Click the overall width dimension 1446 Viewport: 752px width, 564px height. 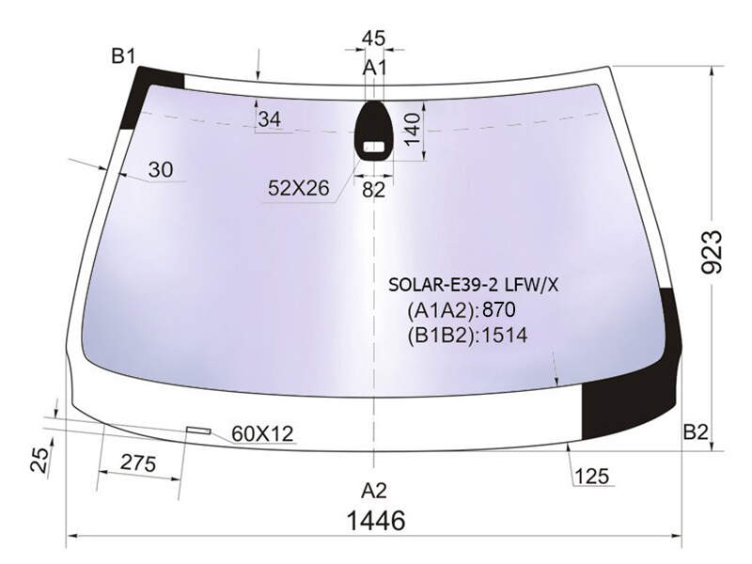click(x=375, y=520)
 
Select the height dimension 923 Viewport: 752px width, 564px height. click(x=712, y=252)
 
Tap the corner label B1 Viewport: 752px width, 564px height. click(x=124, y=56)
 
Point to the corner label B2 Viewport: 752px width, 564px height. click(x=696, y=432)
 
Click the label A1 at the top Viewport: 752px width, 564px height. click(x=374, y=68)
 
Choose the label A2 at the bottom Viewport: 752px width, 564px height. click(x=373, y=491)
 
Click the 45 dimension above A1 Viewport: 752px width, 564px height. click(x=373, y=39)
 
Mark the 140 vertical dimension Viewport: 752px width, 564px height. click(x=412, y=129)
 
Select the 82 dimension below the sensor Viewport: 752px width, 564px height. click(x=373, y=191)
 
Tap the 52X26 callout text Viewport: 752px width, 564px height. click(x=299, y=188)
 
